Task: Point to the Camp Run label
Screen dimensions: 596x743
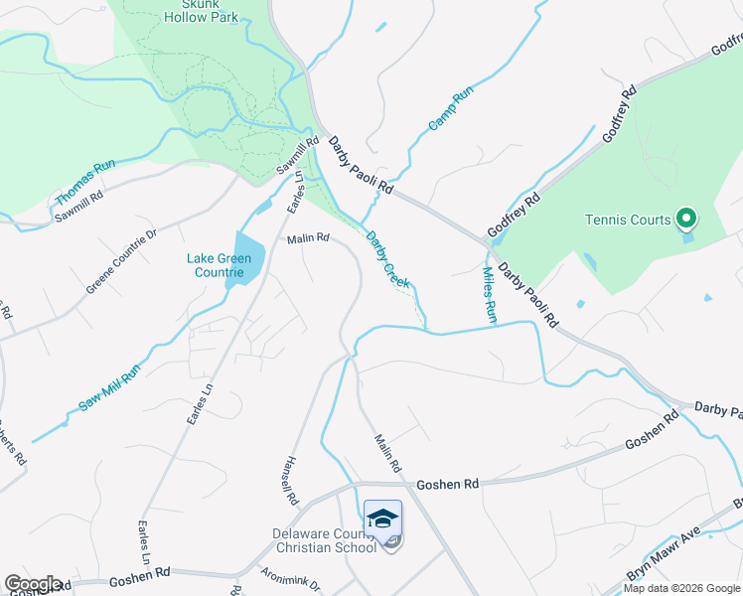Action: click(451, 110)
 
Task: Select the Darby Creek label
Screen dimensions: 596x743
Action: click(387, 259)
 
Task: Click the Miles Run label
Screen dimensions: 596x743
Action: click(489, 293)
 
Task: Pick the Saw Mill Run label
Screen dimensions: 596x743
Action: click(112, 386)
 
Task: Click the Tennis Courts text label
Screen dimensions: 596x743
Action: click(627, 220)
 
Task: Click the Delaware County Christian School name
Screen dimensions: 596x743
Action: click(325, 540)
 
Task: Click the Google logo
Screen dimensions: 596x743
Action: click(33, 584)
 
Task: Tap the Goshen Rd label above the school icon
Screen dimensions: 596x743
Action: click(447, 484)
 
